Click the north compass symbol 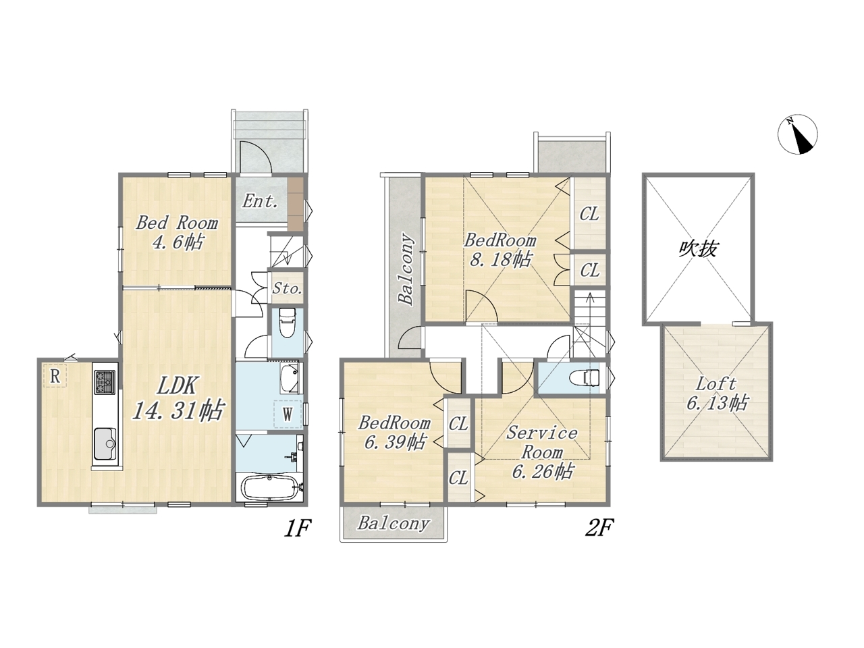797,134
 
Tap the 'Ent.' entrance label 260,201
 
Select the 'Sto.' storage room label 288,288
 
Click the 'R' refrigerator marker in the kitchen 55,377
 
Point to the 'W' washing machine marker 288,414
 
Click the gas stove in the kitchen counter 105,381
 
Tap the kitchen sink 105,443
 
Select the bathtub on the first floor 271,488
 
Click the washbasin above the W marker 290,378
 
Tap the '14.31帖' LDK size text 178,410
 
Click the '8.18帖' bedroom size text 501,260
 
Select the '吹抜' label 699,249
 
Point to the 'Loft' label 716,384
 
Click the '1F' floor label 298,528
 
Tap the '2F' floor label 599,528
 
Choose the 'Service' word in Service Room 541,433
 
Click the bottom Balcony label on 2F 394,524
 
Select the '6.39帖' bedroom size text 394,443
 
